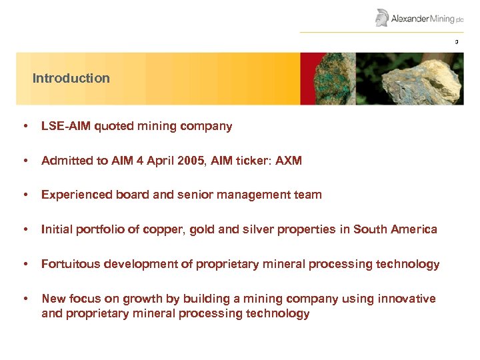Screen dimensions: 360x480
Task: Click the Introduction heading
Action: coord(71,78)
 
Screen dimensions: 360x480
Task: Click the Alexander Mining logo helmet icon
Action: coord(382,18)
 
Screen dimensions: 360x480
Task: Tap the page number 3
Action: coord(457,43)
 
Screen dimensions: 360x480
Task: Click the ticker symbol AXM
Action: coord(288,161)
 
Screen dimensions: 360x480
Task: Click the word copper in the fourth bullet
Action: coord(166,230)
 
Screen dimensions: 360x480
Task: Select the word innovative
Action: coord(406,299)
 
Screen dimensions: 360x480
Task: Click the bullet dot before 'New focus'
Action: coord(25,299)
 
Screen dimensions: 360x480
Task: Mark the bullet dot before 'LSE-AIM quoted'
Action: coord(25,126)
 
